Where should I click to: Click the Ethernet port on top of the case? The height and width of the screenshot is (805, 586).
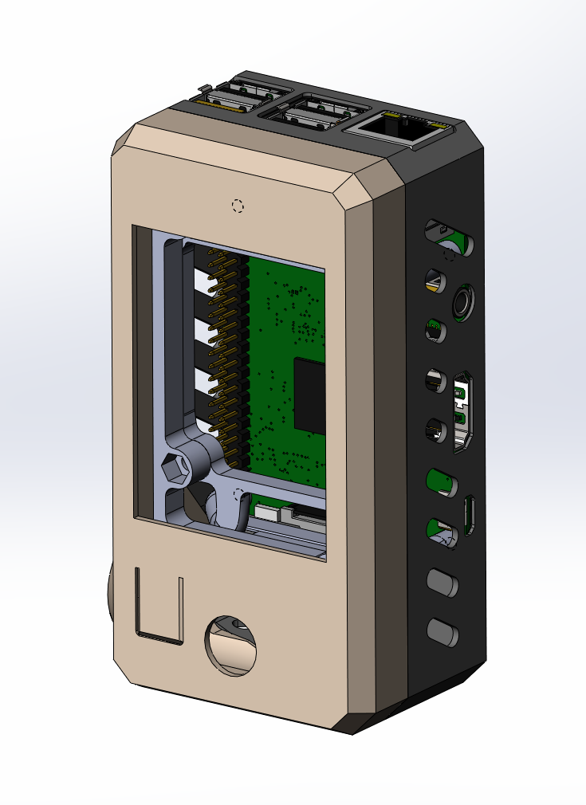[402, 127]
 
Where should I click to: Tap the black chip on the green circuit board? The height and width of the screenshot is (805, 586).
[310, 393]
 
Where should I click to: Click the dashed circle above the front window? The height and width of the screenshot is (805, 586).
[237, 205]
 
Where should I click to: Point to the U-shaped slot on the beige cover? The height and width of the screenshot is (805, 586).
[159, 605]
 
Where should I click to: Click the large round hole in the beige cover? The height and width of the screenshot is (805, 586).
[232, 645]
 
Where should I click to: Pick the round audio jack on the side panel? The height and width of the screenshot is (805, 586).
[462, 304]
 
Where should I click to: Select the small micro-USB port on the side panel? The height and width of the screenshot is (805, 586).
[470, 514]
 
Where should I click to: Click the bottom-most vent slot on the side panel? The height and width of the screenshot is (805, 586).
[442, 632]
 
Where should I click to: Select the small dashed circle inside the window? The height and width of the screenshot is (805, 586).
[237, 494]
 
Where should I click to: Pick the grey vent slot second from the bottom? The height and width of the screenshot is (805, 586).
[442, 583]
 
